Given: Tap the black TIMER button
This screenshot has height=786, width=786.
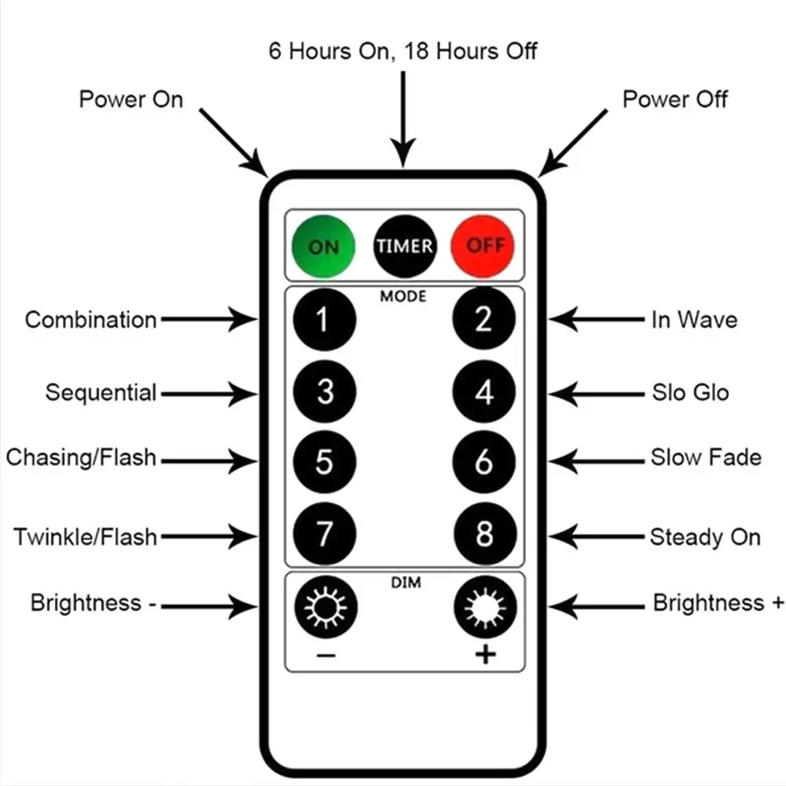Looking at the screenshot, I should pyautogui.click(x=404, y=245).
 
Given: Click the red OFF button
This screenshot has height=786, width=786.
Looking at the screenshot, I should pyautogui.click(x=483, y=245).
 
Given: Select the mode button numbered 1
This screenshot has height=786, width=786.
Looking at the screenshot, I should pyautogui.click(x=324, y=319).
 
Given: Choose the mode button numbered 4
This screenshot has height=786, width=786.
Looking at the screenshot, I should pyautogui.click(x=484, y=391).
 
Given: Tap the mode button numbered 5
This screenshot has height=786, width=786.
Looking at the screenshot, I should pyautogui.click(x=324, y=462).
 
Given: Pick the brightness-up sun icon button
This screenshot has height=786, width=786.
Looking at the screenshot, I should pyautogui.click(x=485, y=607).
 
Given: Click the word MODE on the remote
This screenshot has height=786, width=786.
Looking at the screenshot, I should pyautogui.click(x=403, y=296).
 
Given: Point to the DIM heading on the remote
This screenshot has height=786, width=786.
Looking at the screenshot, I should pyautogui.click(x=406, y=582).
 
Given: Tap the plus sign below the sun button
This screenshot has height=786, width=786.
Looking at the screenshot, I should pyautogui.click(x=486, y=654).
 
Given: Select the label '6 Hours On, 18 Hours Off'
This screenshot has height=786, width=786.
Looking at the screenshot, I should pyautogui.click(x=403, y=52).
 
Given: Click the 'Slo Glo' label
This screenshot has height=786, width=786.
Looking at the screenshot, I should pyautogui.click(x=689, y=391).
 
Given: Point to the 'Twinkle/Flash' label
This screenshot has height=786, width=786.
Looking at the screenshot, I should pyautogui.click(x=85, y=538).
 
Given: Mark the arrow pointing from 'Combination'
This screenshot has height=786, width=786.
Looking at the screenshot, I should pyautogui.click(x=208, y=319).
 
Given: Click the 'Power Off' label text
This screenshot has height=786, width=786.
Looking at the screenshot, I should pyautogui.click(x=674, y=100).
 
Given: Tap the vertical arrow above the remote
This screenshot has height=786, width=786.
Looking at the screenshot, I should pyautogui.click(x=403, y=118).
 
